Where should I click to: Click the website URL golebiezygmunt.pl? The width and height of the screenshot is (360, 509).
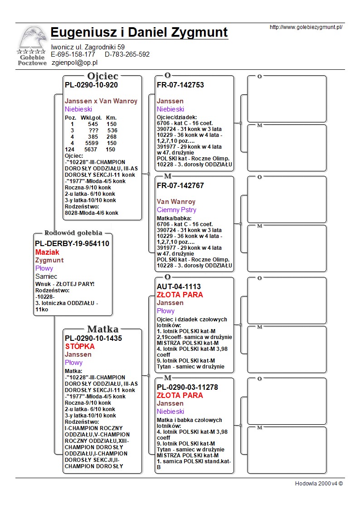(306, 27)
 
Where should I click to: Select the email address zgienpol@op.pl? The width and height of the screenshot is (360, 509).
(75, 63)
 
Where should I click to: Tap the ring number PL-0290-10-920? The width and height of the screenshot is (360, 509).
(91, 85)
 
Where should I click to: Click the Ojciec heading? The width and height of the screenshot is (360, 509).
(102, 76)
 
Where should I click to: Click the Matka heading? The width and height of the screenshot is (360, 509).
(102, 329)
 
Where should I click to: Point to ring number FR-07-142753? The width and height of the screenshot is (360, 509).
(180, 85)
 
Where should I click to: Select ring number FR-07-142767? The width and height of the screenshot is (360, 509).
(180, 185)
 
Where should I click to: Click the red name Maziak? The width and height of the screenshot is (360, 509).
(47, 252)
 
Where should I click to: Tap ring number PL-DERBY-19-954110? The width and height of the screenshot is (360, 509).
(72, 243)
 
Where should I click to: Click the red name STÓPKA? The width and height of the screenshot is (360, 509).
(80, 347)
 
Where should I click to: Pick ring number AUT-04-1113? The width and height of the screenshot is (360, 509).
(179, 286)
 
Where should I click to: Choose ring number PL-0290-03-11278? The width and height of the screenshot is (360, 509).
(187, 387)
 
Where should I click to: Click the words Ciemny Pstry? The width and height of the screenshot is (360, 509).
(176, 210)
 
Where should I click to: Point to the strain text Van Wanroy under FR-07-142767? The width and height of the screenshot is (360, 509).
(176, 202)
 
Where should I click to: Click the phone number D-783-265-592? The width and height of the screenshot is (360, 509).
(127, 54)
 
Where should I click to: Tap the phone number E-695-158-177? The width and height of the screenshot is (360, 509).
(73, 54)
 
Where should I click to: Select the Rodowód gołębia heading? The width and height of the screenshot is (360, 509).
(73, 233)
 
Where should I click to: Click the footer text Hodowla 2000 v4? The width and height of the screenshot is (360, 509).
(319, 483)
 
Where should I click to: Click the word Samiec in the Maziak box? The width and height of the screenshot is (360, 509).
(46, 276)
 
